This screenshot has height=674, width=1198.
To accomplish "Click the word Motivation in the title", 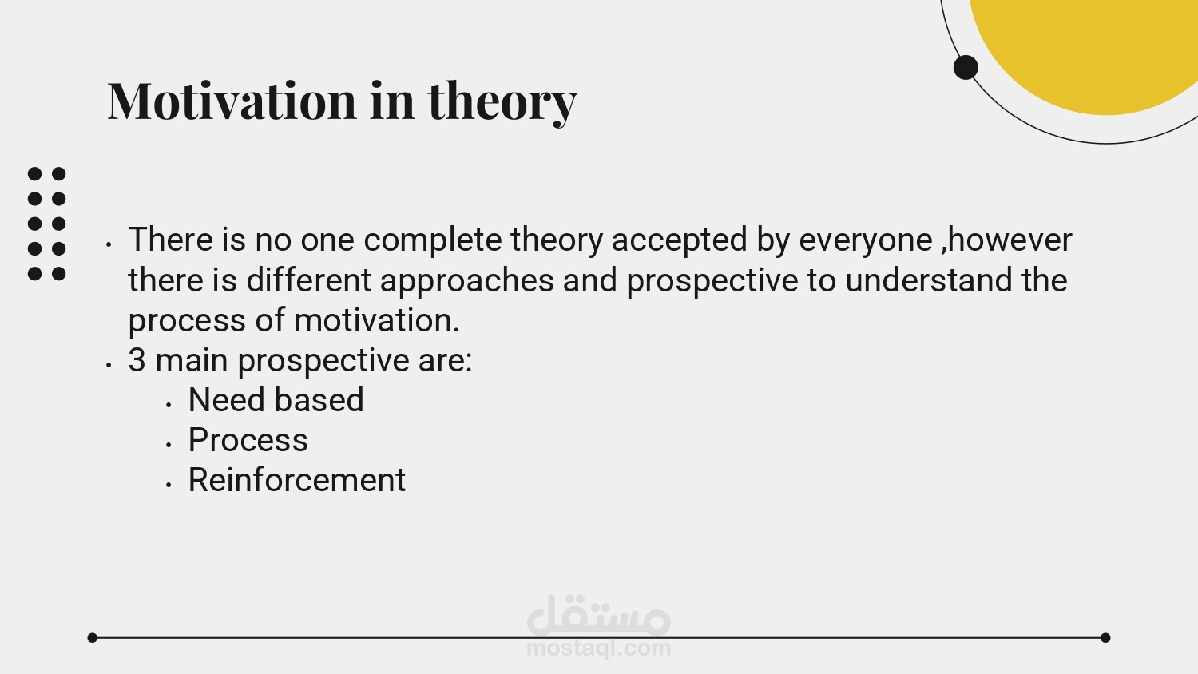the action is [x=232, y=101].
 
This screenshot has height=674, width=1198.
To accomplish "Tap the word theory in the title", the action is [x=502, y=103].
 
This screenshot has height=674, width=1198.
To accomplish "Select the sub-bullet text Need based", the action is [x=276, y=399].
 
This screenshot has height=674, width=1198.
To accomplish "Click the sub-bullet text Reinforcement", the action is [x=297, y=479].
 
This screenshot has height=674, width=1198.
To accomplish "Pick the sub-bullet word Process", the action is [x=248, y=440].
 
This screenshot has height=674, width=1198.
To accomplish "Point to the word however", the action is [x=1007, y=240].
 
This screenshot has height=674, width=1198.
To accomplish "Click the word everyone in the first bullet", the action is [x=866, y=240].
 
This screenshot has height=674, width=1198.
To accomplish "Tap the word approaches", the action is [x=467, y=281].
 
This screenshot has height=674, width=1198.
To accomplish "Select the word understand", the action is [x=929, y=280].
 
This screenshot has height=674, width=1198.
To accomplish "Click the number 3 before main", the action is [x=137, y=360].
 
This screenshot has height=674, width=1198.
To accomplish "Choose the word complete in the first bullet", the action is [x=433, y=240].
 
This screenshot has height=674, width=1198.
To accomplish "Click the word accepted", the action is [x=679, y=240].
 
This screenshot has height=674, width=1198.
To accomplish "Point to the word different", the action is [x=308, y=280].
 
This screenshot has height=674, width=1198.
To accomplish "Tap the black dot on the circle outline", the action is [x=966, y=67].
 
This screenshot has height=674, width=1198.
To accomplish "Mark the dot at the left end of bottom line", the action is [x=93, y=637].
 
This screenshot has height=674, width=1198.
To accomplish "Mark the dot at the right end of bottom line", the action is [x=1105, y=637].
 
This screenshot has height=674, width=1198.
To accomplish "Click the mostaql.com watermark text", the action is [x=598, y=648].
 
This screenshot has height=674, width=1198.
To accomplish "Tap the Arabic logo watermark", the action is [x=598, y=615].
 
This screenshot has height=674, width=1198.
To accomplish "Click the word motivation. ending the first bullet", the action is [x=376, y=320].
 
